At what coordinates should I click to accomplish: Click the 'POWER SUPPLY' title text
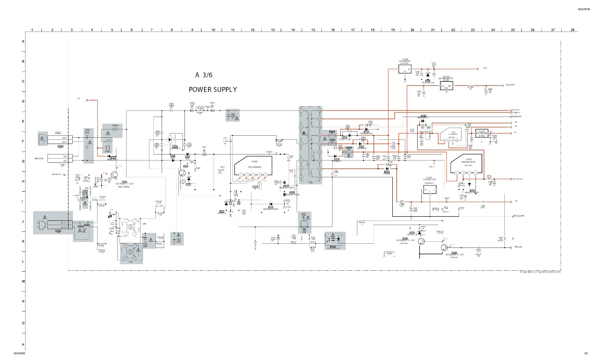pos(213,90)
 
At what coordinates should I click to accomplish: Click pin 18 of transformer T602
pos(319,111)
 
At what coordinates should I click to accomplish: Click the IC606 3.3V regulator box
pos(405,69)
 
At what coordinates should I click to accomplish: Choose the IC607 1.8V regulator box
pos(446,86)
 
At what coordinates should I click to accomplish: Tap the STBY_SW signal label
pos(519,247)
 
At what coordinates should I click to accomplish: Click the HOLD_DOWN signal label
pos(519,216)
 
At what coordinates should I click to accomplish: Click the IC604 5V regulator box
pos(482,133)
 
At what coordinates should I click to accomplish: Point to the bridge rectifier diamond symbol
pos(173,139)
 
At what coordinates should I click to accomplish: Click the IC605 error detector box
pos(429,190)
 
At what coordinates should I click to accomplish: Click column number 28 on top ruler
pos(572,30)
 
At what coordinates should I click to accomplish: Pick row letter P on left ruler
pos(23,345)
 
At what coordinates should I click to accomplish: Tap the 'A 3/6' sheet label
pos(204,75)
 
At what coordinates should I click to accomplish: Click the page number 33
pos(586,354)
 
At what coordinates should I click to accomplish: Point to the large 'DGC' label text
pos(58,133)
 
